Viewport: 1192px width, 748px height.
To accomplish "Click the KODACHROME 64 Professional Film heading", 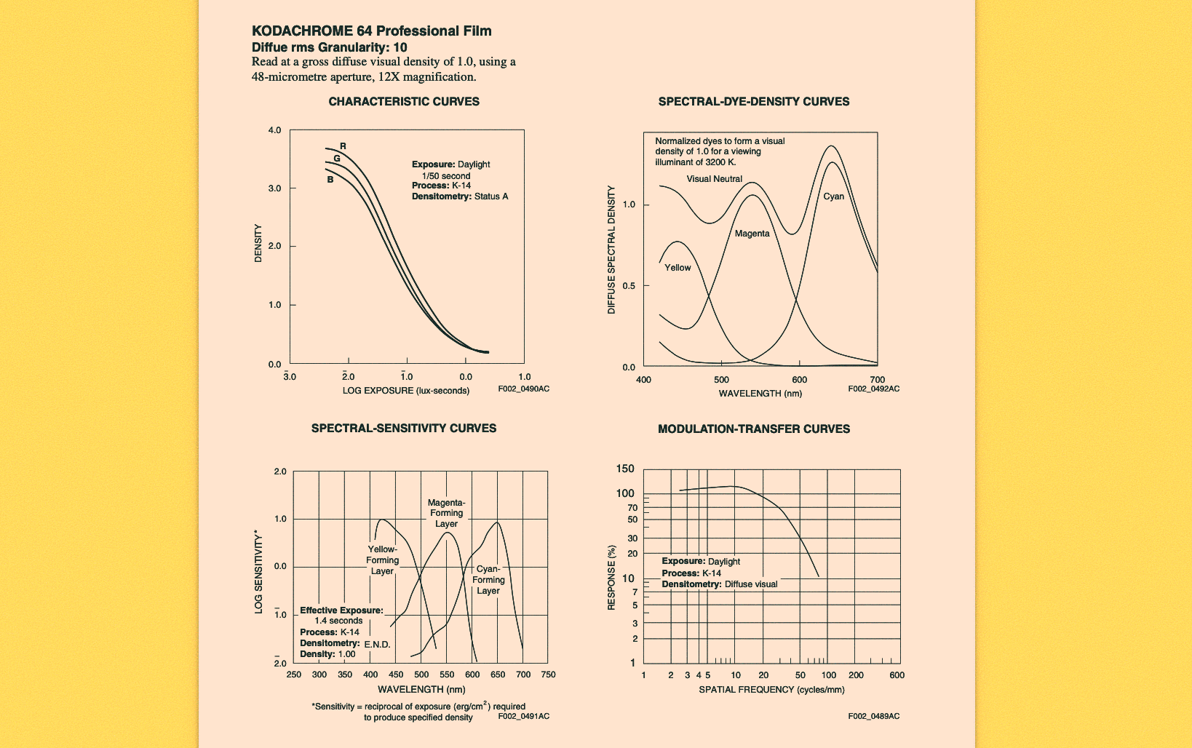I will (371, 31).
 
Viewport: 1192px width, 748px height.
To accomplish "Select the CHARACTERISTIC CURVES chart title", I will (404, 102).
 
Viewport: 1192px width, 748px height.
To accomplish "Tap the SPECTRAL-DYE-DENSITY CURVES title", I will (753, 102).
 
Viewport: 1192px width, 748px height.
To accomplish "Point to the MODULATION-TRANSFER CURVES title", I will (753, 429).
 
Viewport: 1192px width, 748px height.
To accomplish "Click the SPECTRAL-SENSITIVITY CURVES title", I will (404, 429).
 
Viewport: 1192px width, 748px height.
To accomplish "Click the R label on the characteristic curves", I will (343, 146).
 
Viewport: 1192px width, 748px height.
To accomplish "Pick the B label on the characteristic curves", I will (330, 179).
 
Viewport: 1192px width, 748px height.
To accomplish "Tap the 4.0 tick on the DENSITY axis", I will (274, 130).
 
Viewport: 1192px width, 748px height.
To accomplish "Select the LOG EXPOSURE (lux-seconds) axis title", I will (406, 391).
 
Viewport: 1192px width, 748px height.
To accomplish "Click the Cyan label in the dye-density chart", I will (833, 196).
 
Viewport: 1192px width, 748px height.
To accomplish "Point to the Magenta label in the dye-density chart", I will (752, 234).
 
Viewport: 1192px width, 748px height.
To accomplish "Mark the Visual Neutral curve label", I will (714, 179).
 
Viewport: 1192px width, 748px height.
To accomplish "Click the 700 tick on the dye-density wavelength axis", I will (877, 380).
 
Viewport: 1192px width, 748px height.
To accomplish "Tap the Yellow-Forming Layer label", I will (382, 560).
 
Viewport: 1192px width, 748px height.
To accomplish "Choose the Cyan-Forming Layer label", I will (488, 580).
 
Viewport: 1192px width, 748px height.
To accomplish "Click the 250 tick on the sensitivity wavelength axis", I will (293, 675).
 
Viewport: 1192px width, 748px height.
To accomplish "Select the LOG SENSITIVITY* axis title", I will (258, 572).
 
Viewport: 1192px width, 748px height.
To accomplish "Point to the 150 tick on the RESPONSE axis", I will (625, 469).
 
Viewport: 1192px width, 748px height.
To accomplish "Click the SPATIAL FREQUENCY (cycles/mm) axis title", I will (771, 689).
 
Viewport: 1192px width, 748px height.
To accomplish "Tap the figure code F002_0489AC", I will (873, 716).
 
